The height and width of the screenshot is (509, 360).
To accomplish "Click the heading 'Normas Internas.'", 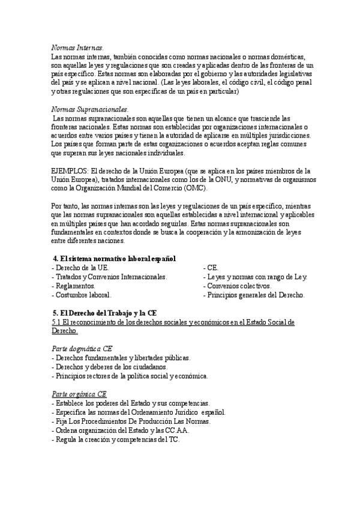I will click(77, 47).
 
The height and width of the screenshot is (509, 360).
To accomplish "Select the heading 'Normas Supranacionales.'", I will click(90, 110).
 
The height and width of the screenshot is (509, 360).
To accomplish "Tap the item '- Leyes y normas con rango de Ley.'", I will click(255, 277).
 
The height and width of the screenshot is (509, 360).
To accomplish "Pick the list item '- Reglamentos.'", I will click(74, 286).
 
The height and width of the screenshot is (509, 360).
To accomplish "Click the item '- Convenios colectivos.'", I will click(237, 286).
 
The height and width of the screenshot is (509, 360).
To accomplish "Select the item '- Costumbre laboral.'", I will click(82, 295).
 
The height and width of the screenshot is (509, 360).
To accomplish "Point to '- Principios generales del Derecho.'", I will click(254, 295).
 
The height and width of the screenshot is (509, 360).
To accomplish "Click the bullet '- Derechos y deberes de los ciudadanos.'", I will click(110, 367).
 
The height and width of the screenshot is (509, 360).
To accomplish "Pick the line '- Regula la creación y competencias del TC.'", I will click(116, 439).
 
